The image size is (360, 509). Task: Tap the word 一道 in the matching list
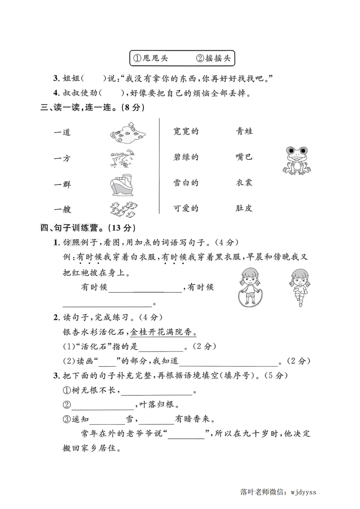tap(62, 132)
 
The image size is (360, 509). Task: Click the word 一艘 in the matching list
tap(62, 210)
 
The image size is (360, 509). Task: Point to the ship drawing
tap(121, 184)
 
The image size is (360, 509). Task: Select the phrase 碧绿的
tap(186, 157)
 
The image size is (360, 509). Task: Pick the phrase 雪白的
tap(186, 183)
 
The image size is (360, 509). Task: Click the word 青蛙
tap(244, 132)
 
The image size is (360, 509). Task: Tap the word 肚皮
tap(244, 209)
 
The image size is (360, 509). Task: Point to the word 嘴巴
tap(244, 157)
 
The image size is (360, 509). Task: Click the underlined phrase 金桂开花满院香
tap(163, 333)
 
